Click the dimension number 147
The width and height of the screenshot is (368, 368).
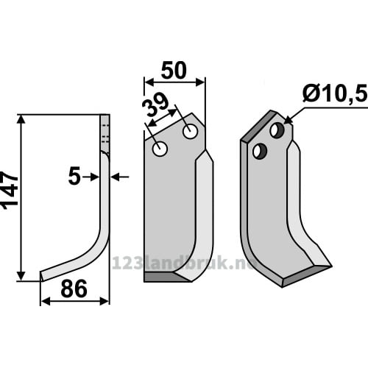[x=10, y=188]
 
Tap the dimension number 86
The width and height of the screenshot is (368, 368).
[x=74, y=289]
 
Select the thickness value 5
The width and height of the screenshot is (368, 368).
[x=74, y=176]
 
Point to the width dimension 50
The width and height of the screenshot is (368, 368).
[x=174, y=71]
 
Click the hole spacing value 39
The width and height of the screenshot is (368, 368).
[x=155, y=105]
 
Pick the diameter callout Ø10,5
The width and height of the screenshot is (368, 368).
[x=336, y=93]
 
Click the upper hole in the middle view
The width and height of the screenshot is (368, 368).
[x=191, y=131]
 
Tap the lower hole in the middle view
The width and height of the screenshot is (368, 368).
[x=160, y=149]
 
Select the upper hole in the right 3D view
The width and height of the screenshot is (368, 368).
[x=277, y=130]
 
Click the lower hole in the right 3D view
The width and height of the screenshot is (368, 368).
[x=260, y=152]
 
